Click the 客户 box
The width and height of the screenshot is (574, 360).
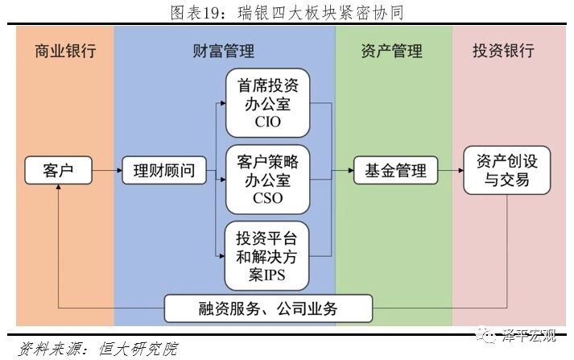click(58, 170)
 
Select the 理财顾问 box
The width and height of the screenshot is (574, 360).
click(164, 170)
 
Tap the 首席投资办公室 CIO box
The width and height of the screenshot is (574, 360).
click(267, 103)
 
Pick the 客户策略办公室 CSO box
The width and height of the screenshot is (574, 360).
click(267, 180)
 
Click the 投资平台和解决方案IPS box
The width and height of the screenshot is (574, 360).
click(266, 256)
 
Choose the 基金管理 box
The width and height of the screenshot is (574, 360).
click(396, 170)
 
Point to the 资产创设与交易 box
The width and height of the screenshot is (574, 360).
click(507, 170)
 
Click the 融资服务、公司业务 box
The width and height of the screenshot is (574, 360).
click(268, 308)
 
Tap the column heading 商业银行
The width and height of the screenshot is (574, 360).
click(65, 51)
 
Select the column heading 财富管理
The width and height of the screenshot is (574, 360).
click(223, 51)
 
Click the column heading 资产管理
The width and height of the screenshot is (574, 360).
click(392, 51)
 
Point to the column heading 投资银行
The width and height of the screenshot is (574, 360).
click(503, 51)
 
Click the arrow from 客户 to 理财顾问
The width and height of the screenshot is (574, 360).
click(107, 170)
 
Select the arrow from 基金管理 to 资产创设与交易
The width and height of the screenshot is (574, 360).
click(451, 170)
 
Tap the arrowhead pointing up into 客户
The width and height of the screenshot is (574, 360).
click(58, 187)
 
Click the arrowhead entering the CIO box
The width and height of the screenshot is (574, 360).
click(223, 103)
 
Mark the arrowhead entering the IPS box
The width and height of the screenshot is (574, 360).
click(222, 256)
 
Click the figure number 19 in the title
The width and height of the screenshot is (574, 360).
click(210, 13)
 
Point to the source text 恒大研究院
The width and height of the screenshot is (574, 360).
click(138, 349)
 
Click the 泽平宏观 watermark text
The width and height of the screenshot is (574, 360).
click(529, 336)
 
